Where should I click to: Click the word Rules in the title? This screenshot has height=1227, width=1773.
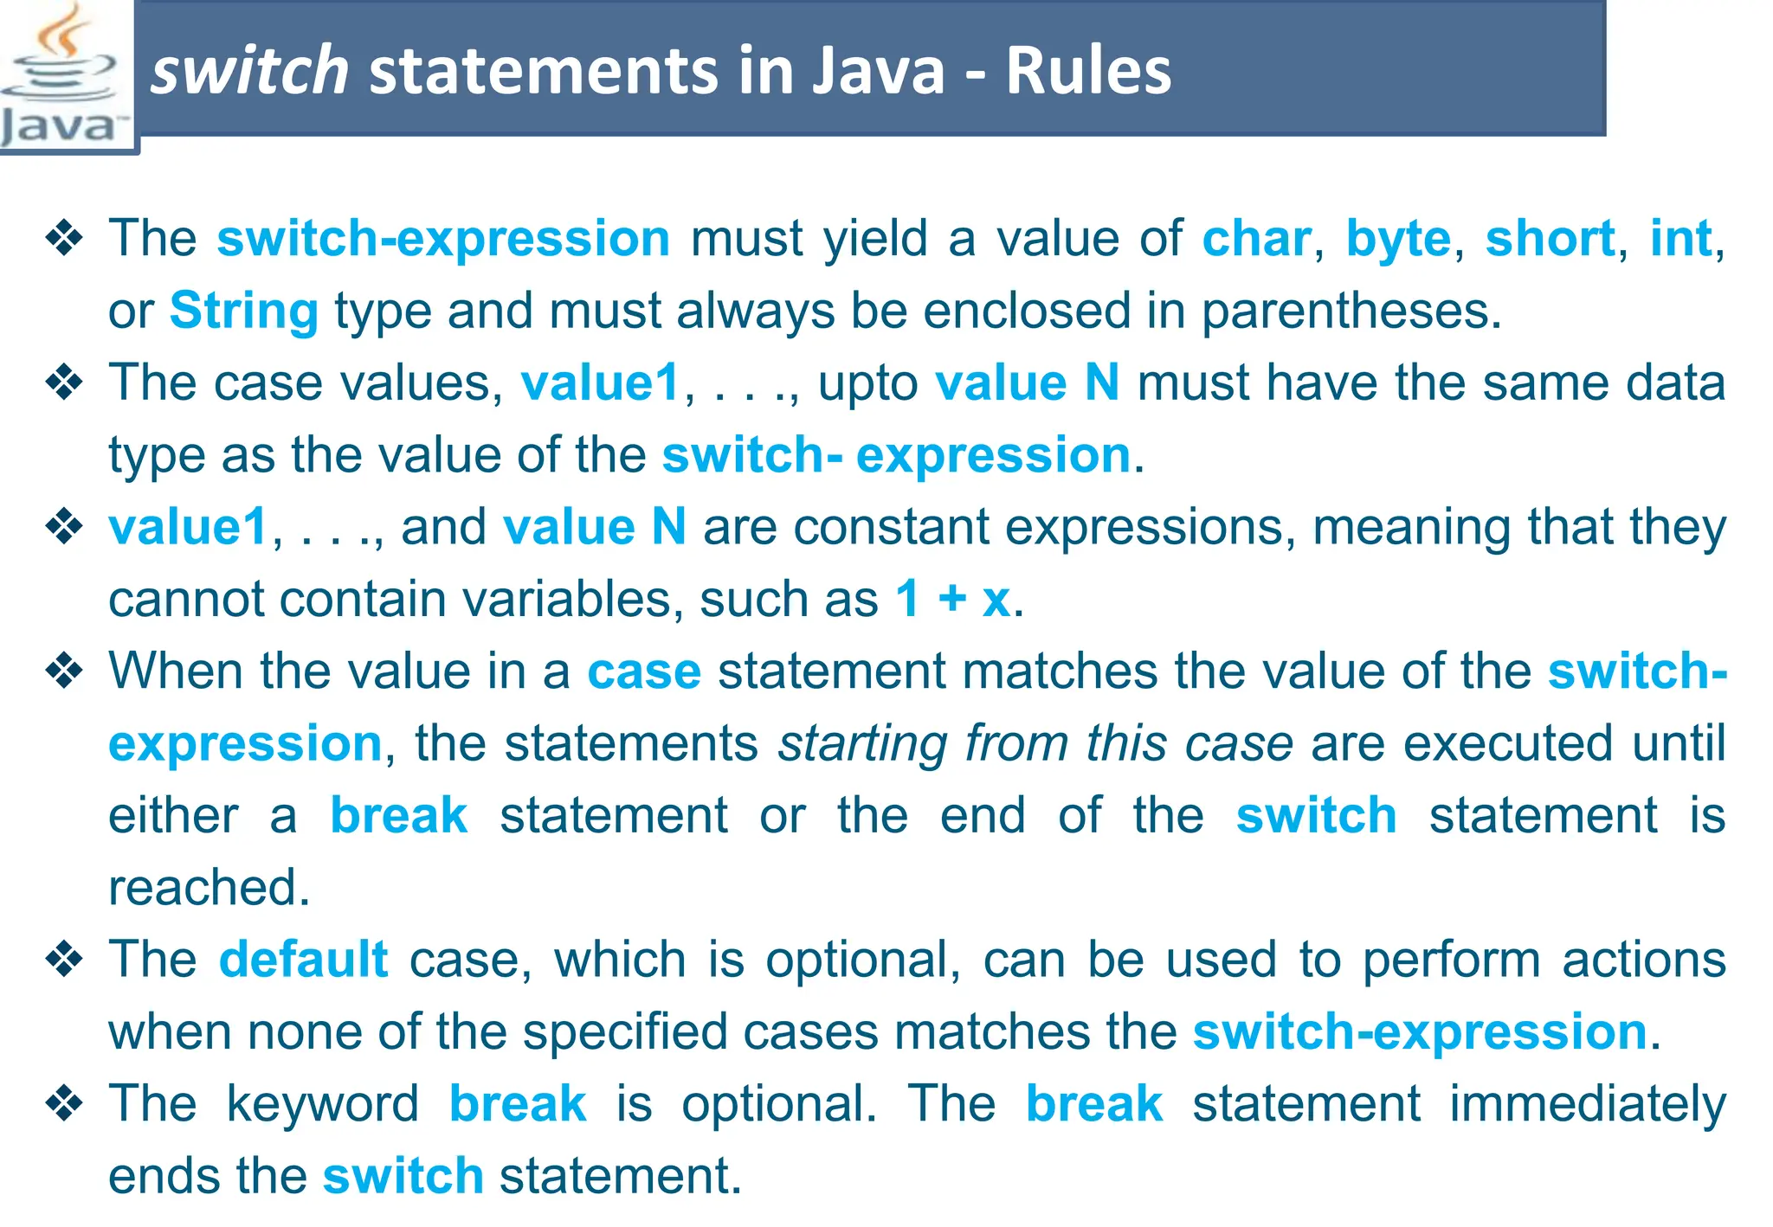[1088, 71]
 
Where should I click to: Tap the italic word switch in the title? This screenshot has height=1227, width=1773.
[249, 71]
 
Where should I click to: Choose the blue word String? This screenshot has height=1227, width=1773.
[244, 311]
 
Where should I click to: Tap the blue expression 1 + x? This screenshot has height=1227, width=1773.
[952, 599]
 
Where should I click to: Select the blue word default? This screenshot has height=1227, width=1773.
[303, 960]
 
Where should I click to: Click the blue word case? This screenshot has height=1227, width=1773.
[644, 671]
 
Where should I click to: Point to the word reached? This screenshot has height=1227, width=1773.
[208, 888]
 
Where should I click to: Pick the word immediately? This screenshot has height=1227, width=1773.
[1588, 1104]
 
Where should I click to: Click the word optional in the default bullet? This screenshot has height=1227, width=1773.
[862, 960]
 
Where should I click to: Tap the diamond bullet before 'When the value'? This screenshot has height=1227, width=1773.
[64, 671]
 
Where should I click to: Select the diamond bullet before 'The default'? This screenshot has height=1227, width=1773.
[64, 960]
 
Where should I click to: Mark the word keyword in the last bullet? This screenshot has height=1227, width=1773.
[323, 1104]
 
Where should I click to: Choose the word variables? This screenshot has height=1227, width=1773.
[567, 599]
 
